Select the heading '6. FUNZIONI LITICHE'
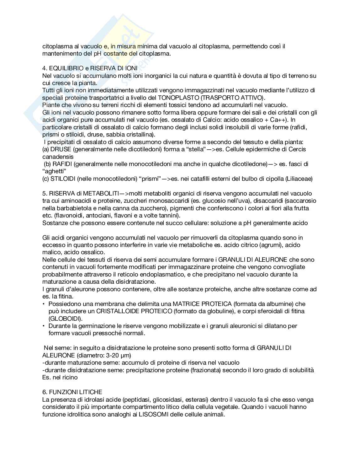72,392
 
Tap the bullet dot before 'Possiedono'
44,304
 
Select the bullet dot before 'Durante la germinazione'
44,326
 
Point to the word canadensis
58,157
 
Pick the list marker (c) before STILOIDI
46,179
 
